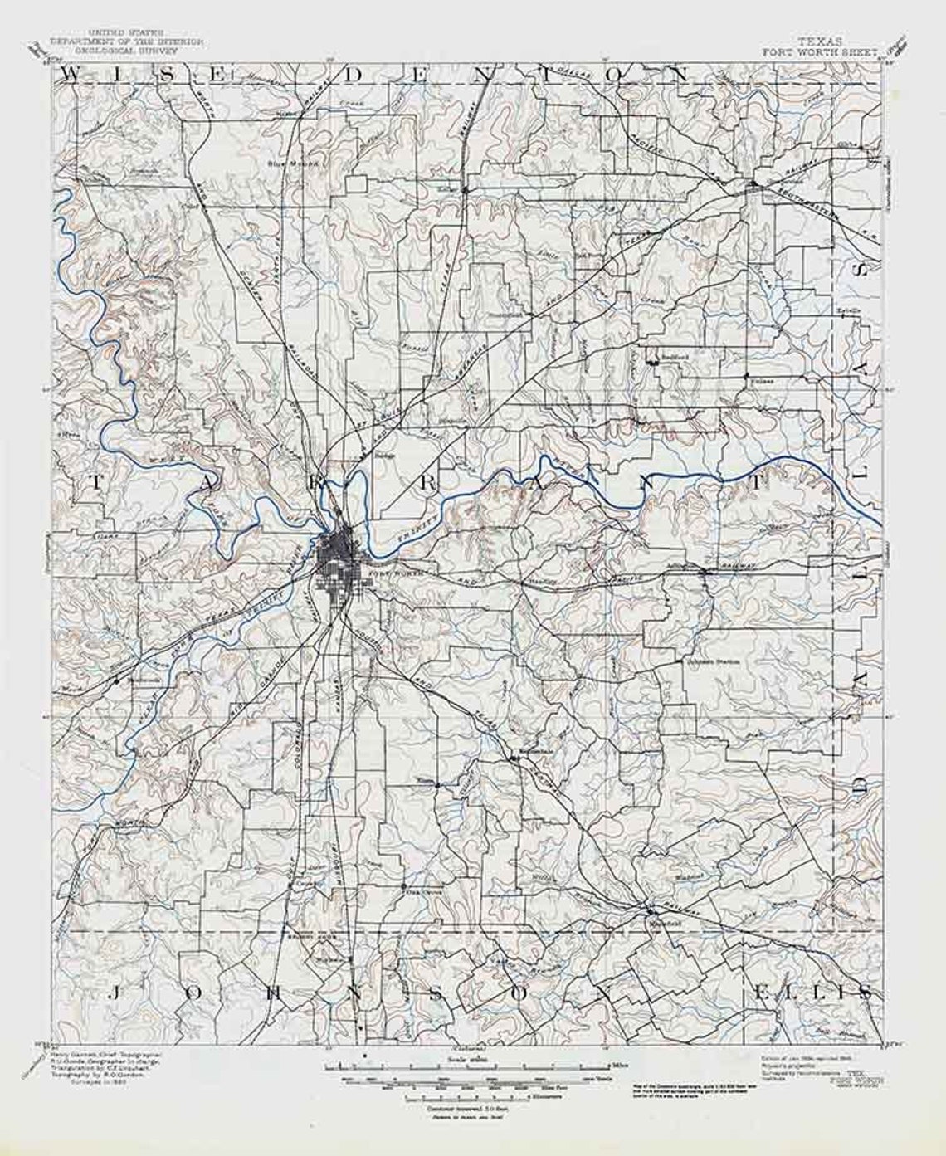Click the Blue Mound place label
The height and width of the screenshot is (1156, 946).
pos(281,163)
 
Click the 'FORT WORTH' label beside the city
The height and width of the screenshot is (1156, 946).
pos(397,573)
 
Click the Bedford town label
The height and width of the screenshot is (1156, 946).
pos(670,359)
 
